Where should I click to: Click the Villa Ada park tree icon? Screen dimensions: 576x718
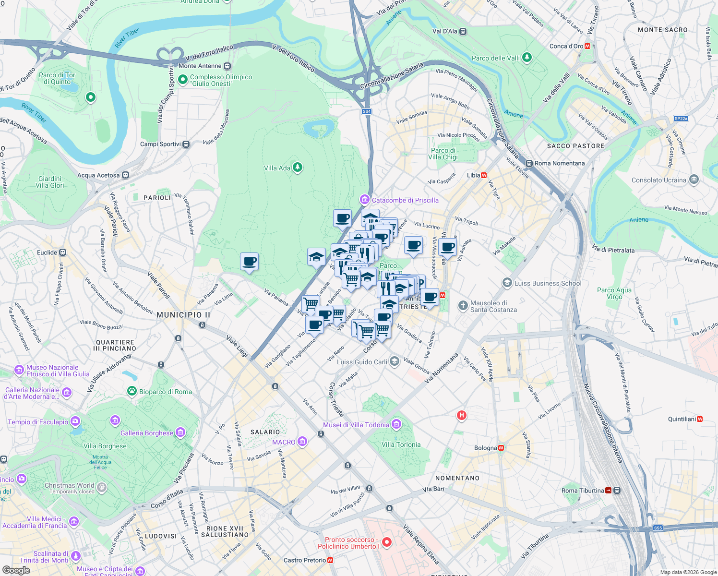click(x=298, y=168)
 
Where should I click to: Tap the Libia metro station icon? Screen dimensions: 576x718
click(x=484, y=175)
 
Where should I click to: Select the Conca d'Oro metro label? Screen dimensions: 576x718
click(x=566, y=46)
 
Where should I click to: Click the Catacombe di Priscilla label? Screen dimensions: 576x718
click(x=405, y=200)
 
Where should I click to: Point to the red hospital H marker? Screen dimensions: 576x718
click(x=462, y=415)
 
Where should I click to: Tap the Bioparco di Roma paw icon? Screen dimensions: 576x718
click(x=132, y=391)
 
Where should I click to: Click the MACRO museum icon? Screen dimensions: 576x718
click(x=302, y=442)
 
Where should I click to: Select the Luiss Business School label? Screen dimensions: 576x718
click(x=548, y=283)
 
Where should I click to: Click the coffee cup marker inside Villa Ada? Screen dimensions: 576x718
click(x=249, y=262)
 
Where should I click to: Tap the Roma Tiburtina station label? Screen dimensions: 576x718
click(x=583, y=491)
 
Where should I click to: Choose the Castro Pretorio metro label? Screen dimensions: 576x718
click(x=305, y=560)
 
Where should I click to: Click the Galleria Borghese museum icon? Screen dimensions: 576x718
click(x=180, y=432)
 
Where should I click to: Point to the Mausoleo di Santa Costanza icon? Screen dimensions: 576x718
click(x=463, y=306)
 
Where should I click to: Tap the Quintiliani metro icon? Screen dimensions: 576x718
click(x=700, y=419)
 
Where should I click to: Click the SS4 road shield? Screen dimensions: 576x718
click(x=367, y=111)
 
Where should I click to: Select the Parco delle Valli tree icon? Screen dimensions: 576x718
click(x=527, y=58)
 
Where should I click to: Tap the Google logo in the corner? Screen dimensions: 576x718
click(x=16, y=570)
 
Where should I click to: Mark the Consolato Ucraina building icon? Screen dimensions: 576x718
click(x=694, y=180)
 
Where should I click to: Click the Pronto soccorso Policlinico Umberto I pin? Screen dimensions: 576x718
click(x=387, y=542)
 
